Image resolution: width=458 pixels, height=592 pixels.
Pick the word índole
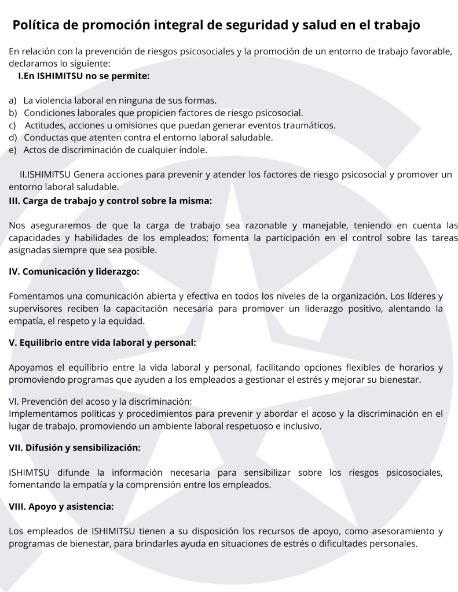click(189, 150)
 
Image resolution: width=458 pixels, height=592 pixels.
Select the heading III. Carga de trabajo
click(111, 200)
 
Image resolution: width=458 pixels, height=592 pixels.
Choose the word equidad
click(128, 320)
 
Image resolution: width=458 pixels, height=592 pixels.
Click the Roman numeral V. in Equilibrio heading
click(13, 342)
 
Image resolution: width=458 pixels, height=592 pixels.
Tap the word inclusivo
click(302, 426)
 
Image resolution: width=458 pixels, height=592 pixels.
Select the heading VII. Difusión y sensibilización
click(75, 447)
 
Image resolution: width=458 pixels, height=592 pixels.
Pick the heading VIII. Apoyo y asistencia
click(61, 506)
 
